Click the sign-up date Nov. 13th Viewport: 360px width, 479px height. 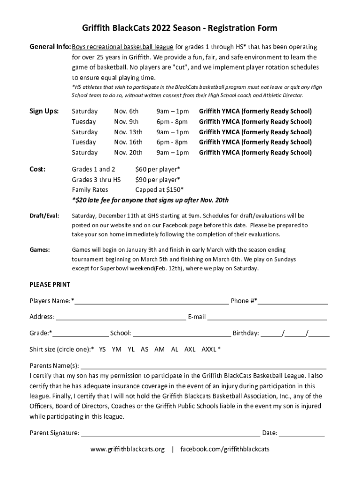tap(128, 132)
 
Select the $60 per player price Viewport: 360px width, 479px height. tap(158, 169)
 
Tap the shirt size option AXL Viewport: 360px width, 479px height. tap(190, 349)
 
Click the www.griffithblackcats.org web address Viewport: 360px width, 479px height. tap(127, 450)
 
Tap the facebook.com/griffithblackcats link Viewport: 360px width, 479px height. tap(225, 450)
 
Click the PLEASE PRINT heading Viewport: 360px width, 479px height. tap(50, 284)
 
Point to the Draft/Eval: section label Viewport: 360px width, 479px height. tap(44, 216)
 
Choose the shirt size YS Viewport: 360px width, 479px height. tap(102, 349)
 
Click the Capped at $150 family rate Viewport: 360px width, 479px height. tap(159, 190)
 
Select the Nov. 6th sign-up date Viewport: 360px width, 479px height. tap(126, 111)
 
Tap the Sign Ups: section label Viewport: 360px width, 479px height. tap(44, 111)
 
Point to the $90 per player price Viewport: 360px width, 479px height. tap(158, 180)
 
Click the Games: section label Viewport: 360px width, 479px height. tap(40, 250)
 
